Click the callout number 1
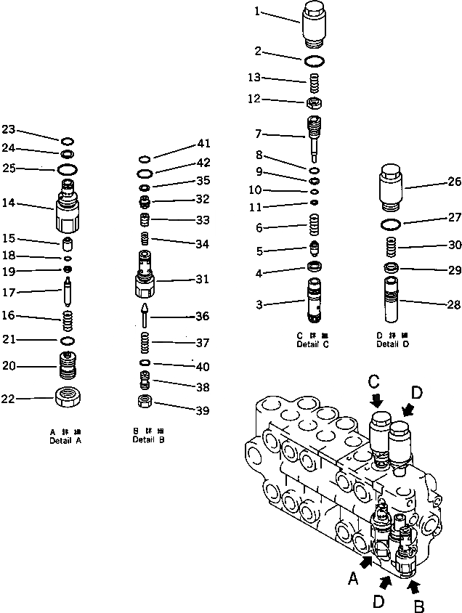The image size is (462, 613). (x=256, y=11)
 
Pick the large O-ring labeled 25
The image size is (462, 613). (x=67, y=169)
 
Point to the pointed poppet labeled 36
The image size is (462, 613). (x=145, y=315)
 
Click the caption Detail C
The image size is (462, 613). (x=312, y=344)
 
